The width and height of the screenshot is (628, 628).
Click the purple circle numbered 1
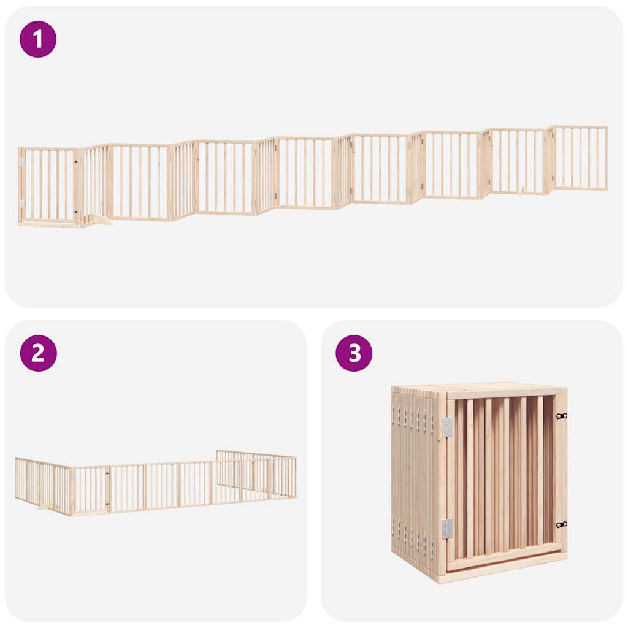coord(38,39)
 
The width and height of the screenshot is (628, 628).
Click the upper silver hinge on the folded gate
coord(446,427)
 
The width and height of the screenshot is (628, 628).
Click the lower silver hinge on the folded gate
coord(446,529)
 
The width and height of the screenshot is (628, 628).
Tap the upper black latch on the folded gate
coord(561,416)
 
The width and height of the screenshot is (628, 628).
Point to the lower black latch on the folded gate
coord(561,524)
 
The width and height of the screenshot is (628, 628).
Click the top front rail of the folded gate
coord(503,392)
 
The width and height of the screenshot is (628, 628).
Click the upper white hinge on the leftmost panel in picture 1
coord(21,163)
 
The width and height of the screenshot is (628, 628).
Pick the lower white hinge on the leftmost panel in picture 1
coord(21,204)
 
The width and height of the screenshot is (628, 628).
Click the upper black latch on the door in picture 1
coord(76,162)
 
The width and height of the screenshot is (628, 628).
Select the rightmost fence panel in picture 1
coord(580,158)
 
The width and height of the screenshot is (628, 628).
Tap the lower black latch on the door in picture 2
coord(107,504)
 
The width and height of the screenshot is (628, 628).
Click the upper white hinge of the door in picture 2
coord(74,474)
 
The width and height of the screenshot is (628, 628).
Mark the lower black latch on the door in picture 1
coord(76,212)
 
